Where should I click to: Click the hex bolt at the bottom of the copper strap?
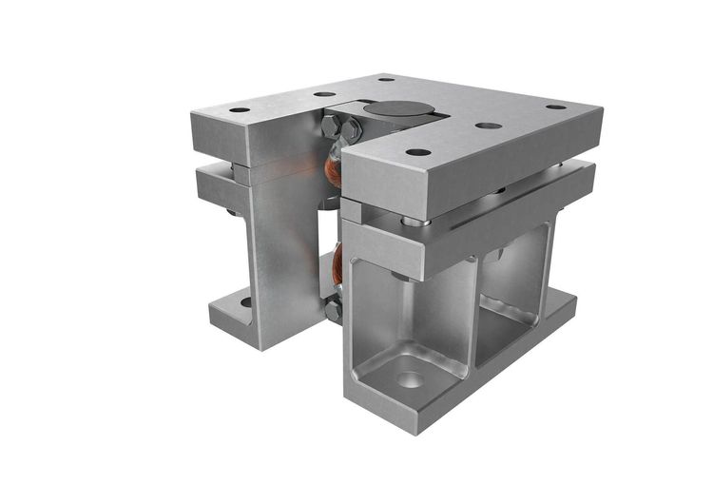334,309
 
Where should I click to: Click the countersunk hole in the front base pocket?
410,378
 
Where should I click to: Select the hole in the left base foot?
245,302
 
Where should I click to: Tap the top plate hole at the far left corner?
239,110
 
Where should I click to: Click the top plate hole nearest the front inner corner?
415,151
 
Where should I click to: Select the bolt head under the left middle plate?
234,211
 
